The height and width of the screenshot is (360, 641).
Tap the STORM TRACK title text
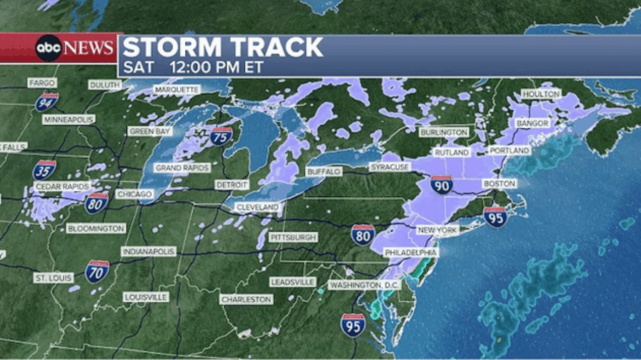pyautogui.click(x=222, y=48)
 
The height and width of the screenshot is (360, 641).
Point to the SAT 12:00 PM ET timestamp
pyautogui.click(x=193, y=67)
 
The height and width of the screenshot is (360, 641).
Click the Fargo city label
pyautogui.click(x=42, y=83)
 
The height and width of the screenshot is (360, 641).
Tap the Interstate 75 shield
pyautogui.click(x=221, y=135)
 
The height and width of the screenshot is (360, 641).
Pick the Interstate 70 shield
pyautogui.click(x=97, y=272)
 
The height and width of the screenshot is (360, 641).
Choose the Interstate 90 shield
pyautogui.click(x=441, y=185)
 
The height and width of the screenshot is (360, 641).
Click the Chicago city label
pyautogui.click(x=135, y=195)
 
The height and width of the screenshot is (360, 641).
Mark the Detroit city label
pyautogui.click(x=232, y=185)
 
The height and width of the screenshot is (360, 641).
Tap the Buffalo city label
pyautogui.click(x=324, y=172)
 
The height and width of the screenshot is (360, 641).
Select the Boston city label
pyautogui.click(x=499, y=184)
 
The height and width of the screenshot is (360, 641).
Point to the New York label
pyautogui.click(x=437, y=230)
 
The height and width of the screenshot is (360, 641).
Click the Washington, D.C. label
pyautogui.click(x=364, y=285)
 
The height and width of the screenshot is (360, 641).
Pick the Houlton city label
pyautogui.click(x=541, y=94)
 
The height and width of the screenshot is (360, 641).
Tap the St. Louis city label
pyautogui.click(x=54, y=278)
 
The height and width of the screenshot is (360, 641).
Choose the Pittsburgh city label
pyautogui.click(x=293, y=237)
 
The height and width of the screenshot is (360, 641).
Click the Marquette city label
pyautogui.click(x=176, y=89)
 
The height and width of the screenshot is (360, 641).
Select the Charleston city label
pyautogui.click(x=247, y=300)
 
